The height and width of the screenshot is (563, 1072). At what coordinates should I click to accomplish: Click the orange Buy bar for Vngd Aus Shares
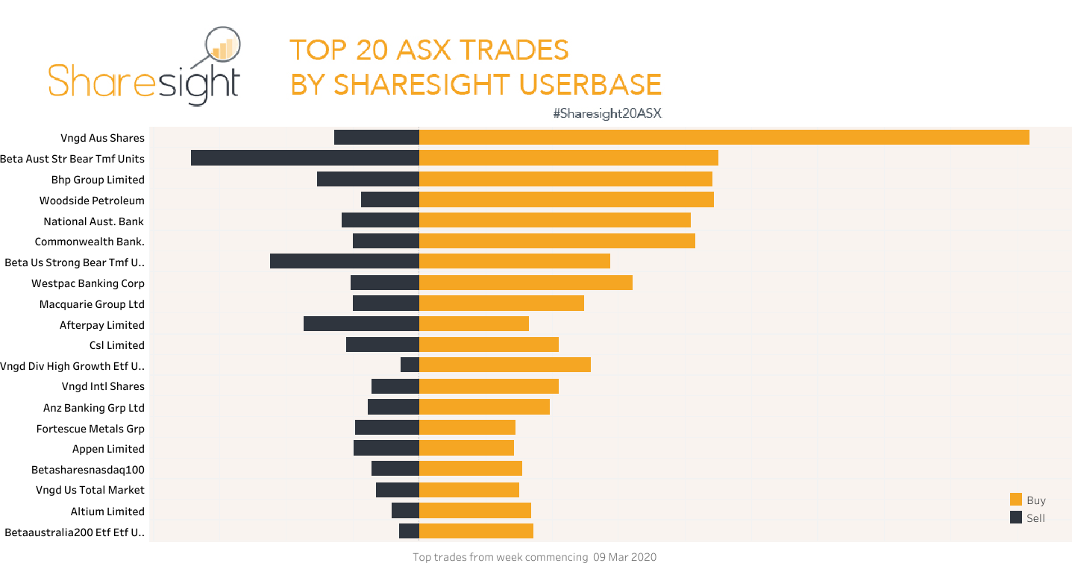(x=724, y=137)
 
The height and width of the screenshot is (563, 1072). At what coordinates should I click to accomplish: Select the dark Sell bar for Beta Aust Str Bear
(x=304, y=158)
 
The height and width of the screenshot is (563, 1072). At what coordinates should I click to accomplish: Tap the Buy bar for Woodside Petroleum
(x=566, y=200)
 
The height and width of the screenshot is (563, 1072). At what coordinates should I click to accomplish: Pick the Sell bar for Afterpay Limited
(x=361, y=324)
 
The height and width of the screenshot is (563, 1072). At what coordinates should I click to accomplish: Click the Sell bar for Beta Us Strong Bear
(x=344, y=261)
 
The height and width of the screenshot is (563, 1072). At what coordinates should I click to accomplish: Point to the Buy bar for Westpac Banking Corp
(x=525, y=283)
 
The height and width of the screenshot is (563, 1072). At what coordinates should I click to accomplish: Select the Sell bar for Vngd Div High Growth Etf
(x=410, y=365)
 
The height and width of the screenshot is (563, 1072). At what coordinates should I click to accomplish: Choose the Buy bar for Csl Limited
(x=489, y=345)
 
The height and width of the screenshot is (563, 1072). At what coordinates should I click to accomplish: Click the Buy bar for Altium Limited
(x=474, y=510)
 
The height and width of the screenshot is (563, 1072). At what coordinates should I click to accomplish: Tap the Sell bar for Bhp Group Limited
(x=368, y=179)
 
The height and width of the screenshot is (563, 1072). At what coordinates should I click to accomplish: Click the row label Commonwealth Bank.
(x=90, y=242)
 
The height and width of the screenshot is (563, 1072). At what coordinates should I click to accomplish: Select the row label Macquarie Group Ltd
(x=92, y=304)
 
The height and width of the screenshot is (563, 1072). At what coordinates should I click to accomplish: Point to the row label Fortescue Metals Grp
(x=90, y=429)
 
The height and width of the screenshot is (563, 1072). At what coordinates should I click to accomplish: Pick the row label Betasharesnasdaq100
(x=88, y=470)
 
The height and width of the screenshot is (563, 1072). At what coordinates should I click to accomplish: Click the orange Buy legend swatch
(x=1015, y=500)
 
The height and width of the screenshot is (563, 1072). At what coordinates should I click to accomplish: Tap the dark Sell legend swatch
(x=1015, y=518)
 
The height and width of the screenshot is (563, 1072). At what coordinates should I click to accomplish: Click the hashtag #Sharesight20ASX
(x=607, y=113)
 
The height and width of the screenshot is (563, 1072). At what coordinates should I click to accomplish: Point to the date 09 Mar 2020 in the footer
(x=625, y=557)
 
